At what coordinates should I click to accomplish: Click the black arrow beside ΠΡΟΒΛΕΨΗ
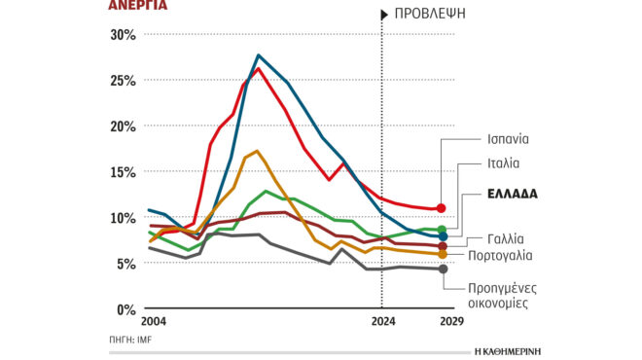coord(383,14)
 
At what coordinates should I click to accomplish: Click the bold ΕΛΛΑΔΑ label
coord(513,194)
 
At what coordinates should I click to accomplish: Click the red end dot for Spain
coord(443,208)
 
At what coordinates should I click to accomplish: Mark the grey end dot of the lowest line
coord(444,270)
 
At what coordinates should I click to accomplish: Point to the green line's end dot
coord(443,230)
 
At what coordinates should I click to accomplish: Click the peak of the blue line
coord(258,55)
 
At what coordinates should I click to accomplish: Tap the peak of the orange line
coord(256,151)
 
